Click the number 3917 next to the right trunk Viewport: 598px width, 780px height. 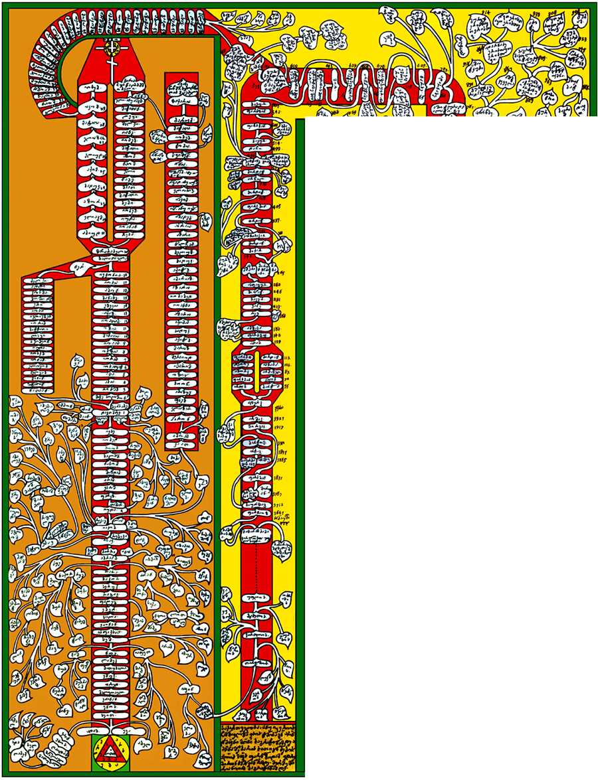pyautogui.click(x=281, y=428)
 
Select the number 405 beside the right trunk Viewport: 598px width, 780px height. pyautogui.click(x=279, y=206)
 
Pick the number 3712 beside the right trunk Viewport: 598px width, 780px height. pyautogui.click(x=280, y=505)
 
